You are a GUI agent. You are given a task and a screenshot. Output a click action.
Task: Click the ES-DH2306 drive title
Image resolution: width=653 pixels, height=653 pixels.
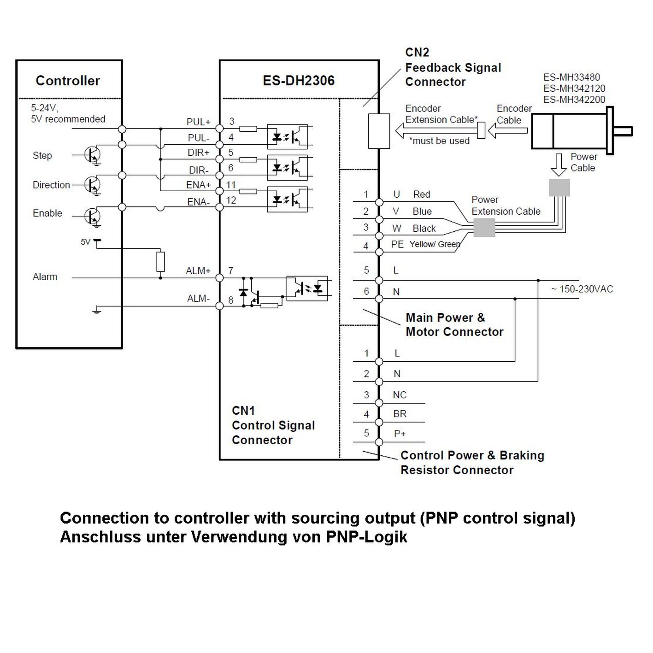point(298,81)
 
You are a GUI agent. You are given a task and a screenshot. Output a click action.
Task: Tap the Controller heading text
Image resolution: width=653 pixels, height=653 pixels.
point(68,81)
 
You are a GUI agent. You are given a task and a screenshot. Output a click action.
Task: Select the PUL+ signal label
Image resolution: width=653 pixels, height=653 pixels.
point(198,122)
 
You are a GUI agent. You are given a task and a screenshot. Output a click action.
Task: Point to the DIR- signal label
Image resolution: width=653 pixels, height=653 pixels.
point(199,170)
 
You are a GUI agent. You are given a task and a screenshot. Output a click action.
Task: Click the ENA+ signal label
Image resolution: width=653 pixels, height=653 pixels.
point(198,185)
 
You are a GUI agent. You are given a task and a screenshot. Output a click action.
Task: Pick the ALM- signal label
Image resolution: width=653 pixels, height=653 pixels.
point(198,298)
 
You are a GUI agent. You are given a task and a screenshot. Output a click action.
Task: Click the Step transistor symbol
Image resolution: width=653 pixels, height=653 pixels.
point(92,155)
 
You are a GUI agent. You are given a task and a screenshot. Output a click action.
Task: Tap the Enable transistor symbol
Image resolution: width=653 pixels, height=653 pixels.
point(92,216)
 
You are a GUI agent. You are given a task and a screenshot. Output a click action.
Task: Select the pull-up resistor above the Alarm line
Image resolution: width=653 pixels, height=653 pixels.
point(161,261)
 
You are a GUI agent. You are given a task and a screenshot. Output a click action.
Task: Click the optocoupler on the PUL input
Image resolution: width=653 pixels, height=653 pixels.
point(288,136)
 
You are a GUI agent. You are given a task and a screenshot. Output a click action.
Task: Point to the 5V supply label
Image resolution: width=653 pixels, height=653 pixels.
point(85,241)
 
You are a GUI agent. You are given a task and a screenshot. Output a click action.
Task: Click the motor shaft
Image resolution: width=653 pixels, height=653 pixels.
point(623,131)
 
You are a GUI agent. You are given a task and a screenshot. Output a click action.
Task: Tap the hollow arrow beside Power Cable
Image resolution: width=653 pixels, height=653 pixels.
point(559,165)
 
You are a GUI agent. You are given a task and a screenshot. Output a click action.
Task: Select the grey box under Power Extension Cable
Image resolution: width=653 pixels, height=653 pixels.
point(484,228)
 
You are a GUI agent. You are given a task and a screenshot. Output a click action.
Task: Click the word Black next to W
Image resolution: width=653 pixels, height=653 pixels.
point(424,229)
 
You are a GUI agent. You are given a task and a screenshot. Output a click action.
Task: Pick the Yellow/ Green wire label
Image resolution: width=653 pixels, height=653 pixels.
point(435,244)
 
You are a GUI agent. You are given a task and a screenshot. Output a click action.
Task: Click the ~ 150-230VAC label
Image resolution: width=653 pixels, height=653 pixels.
point(582,289)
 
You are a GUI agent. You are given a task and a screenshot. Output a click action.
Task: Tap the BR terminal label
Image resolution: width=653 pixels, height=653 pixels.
point(400,414)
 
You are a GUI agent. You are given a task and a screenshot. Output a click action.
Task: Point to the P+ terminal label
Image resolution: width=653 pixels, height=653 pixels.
point(400,433)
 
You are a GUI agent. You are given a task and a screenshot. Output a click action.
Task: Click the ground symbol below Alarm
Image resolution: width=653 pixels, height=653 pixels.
point(97,309)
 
